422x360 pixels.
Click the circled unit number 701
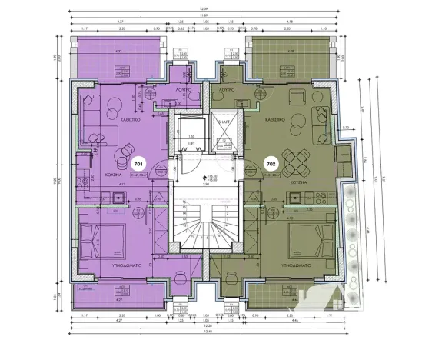point(138,164)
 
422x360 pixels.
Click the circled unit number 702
point(271,164)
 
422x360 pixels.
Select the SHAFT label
point(225,121)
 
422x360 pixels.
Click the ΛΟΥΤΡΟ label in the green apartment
point(225,90)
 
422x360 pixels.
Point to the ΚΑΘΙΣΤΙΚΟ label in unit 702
point(274,121)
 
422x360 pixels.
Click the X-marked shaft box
point(225,142)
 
